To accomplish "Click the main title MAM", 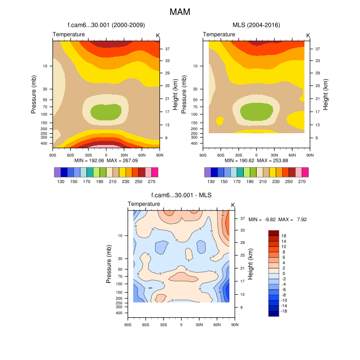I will tap(180, 11).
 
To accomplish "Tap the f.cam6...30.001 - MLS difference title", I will tap(181, 195).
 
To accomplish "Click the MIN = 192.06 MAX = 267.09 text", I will tap(106, 160).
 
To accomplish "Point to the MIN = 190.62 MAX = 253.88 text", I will tap(256, 160).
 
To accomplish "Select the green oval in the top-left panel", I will tap(106, 111).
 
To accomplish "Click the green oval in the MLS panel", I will tap(256, 111).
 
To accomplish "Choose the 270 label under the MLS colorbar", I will tap(302, 182).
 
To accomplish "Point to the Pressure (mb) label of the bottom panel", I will tap(109, 264).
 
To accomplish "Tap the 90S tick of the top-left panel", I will tap(52, 154).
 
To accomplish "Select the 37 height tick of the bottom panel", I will tap(242, 219).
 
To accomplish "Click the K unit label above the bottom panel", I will tap(233, 205).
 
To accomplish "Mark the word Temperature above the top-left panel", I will tap(69, 34).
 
